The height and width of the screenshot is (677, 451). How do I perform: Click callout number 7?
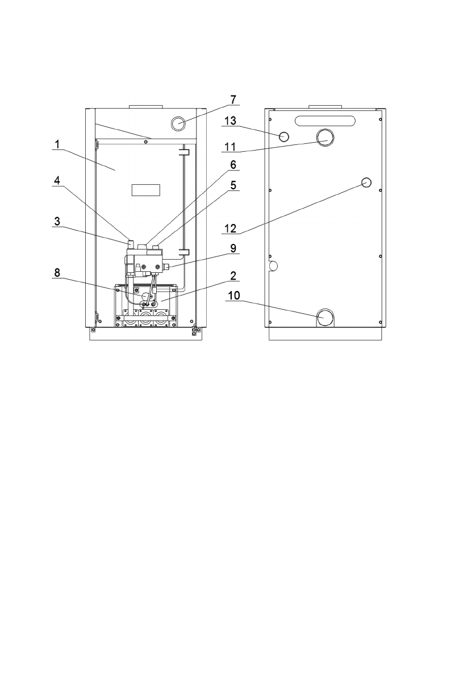coord(233,99)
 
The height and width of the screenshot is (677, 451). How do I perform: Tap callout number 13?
coord(231,121)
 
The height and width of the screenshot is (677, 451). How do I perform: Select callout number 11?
coord(231,147)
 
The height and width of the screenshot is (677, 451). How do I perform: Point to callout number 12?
coord(231,228)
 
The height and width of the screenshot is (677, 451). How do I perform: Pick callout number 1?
coord(57,144)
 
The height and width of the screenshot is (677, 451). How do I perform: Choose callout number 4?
coord(57,180)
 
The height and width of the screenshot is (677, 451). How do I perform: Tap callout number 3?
coord(57,222)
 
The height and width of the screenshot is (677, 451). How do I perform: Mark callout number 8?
coord(57,272)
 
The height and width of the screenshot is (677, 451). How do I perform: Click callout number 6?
coord(233,164)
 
